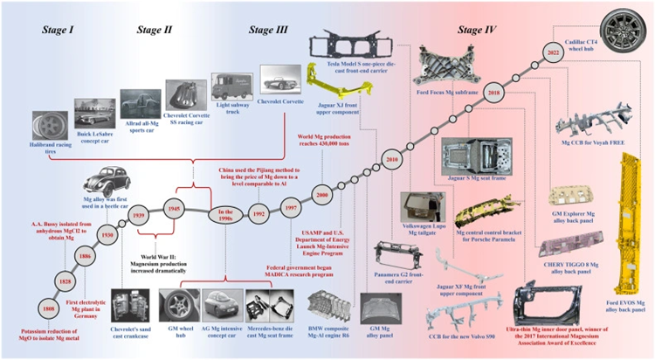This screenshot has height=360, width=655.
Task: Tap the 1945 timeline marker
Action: click(x=176, y=209)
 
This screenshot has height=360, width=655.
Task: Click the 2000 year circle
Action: click(x=321, y=196)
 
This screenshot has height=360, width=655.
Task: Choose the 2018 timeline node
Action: click(x=494, y=92)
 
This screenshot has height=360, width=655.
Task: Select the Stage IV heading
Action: click(x=477, y=31)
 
